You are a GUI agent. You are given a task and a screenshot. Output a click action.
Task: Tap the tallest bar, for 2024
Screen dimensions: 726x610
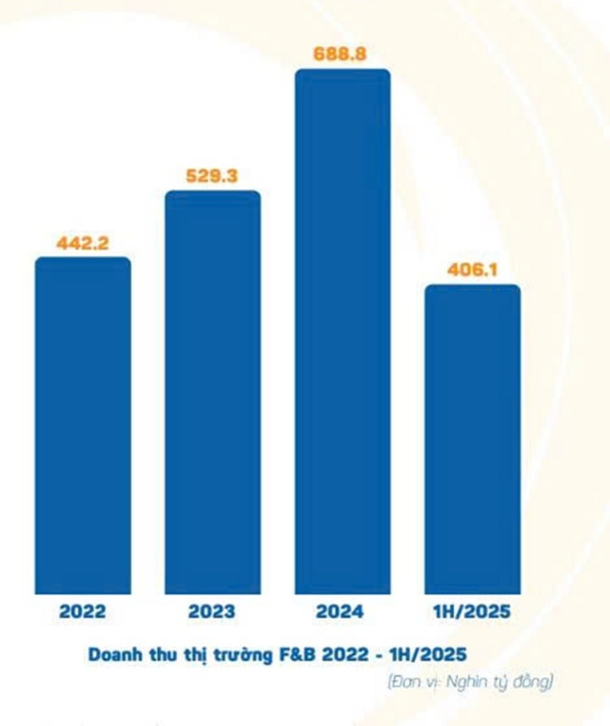[x=342, y=331]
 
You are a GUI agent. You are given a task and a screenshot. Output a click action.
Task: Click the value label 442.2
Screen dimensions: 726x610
[x=83, y=242]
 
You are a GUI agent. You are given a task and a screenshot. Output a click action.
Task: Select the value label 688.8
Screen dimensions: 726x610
[x=342, y=53]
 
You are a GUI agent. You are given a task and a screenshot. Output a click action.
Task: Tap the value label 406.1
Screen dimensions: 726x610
[x=473, y=269]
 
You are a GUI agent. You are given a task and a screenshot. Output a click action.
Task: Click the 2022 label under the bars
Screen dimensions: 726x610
[x=83, y=611]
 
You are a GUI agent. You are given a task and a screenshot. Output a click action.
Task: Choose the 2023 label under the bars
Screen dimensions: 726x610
[x=213, y=611]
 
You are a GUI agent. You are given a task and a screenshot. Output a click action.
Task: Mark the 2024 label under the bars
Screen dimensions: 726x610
[x=342, y=611]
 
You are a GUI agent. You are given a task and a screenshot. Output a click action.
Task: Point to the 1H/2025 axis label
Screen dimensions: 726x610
[x=473, y=611]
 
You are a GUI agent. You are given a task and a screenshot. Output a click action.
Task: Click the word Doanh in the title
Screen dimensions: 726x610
[x=118, y=654]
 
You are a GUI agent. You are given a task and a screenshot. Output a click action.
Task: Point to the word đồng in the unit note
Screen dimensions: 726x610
[x=535, y=681]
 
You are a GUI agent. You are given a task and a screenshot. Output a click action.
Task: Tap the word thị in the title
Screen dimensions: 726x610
[x=202, y=654]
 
